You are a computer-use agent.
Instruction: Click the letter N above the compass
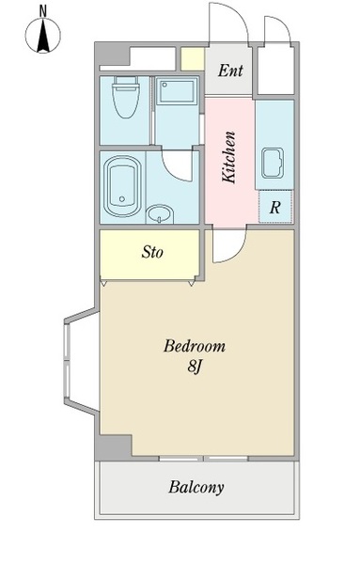43,11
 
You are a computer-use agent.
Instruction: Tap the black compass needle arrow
43,36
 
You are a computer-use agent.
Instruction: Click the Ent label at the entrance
230,70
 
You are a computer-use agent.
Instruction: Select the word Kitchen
228,158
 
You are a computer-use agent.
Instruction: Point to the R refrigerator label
274,208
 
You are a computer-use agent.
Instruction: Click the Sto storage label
152,252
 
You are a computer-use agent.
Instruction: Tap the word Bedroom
195,346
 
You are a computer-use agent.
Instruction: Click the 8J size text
194,367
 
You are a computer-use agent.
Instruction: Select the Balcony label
196,487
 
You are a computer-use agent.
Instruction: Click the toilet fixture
126,97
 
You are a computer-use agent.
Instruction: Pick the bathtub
122,186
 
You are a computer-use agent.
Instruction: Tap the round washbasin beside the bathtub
160,214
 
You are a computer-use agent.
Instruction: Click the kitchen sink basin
273,163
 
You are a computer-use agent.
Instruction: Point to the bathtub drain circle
122,199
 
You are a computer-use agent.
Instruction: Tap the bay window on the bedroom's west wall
81,361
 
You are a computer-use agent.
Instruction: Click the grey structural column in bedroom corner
113,447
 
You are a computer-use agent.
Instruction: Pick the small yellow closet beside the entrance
193,59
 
